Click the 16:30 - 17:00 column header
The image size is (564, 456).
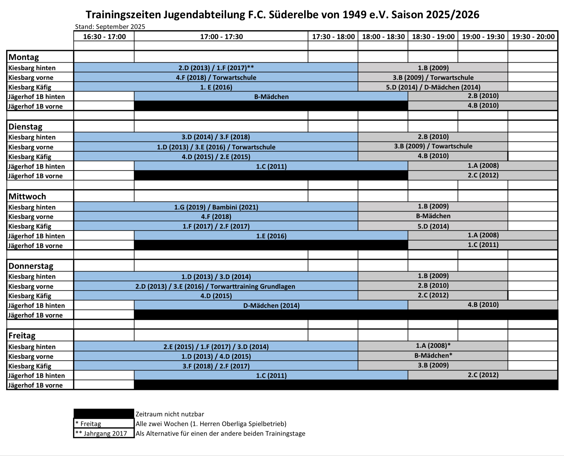click(x=104, y=37)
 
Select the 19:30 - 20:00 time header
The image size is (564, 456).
click(x=533, y=37)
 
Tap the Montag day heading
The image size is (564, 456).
click(x=24, y=57)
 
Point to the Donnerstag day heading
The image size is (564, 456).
click(x=31, y=266)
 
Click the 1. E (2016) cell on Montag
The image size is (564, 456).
click(x=216, y=87)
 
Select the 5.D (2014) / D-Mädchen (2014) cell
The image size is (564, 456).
click(x=433, y=87)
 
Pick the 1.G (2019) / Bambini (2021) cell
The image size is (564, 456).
click(x=216, y=207)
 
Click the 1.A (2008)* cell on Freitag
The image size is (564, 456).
click(x=433, y=346)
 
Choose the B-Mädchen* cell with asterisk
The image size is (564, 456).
click(x=433, y=355)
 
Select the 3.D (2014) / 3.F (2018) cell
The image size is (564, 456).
click(x=216, y=137)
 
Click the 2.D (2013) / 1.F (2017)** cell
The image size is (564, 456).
click(x=216, y=68)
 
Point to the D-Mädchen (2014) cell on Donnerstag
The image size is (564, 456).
click(x=271, y=305)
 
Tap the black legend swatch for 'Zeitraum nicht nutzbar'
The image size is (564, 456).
click(x=104, y=414)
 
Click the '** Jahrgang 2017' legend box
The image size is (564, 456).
click(x=104, y=433)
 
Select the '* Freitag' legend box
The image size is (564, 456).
click(x=104, y=424)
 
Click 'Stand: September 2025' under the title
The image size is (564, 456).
click(x=110, y=27)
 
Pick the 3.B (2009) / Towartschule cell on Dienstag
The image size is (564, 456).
click(x=433, y=146)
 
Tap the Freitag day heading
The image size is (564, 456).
click(x=22, y=336)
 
